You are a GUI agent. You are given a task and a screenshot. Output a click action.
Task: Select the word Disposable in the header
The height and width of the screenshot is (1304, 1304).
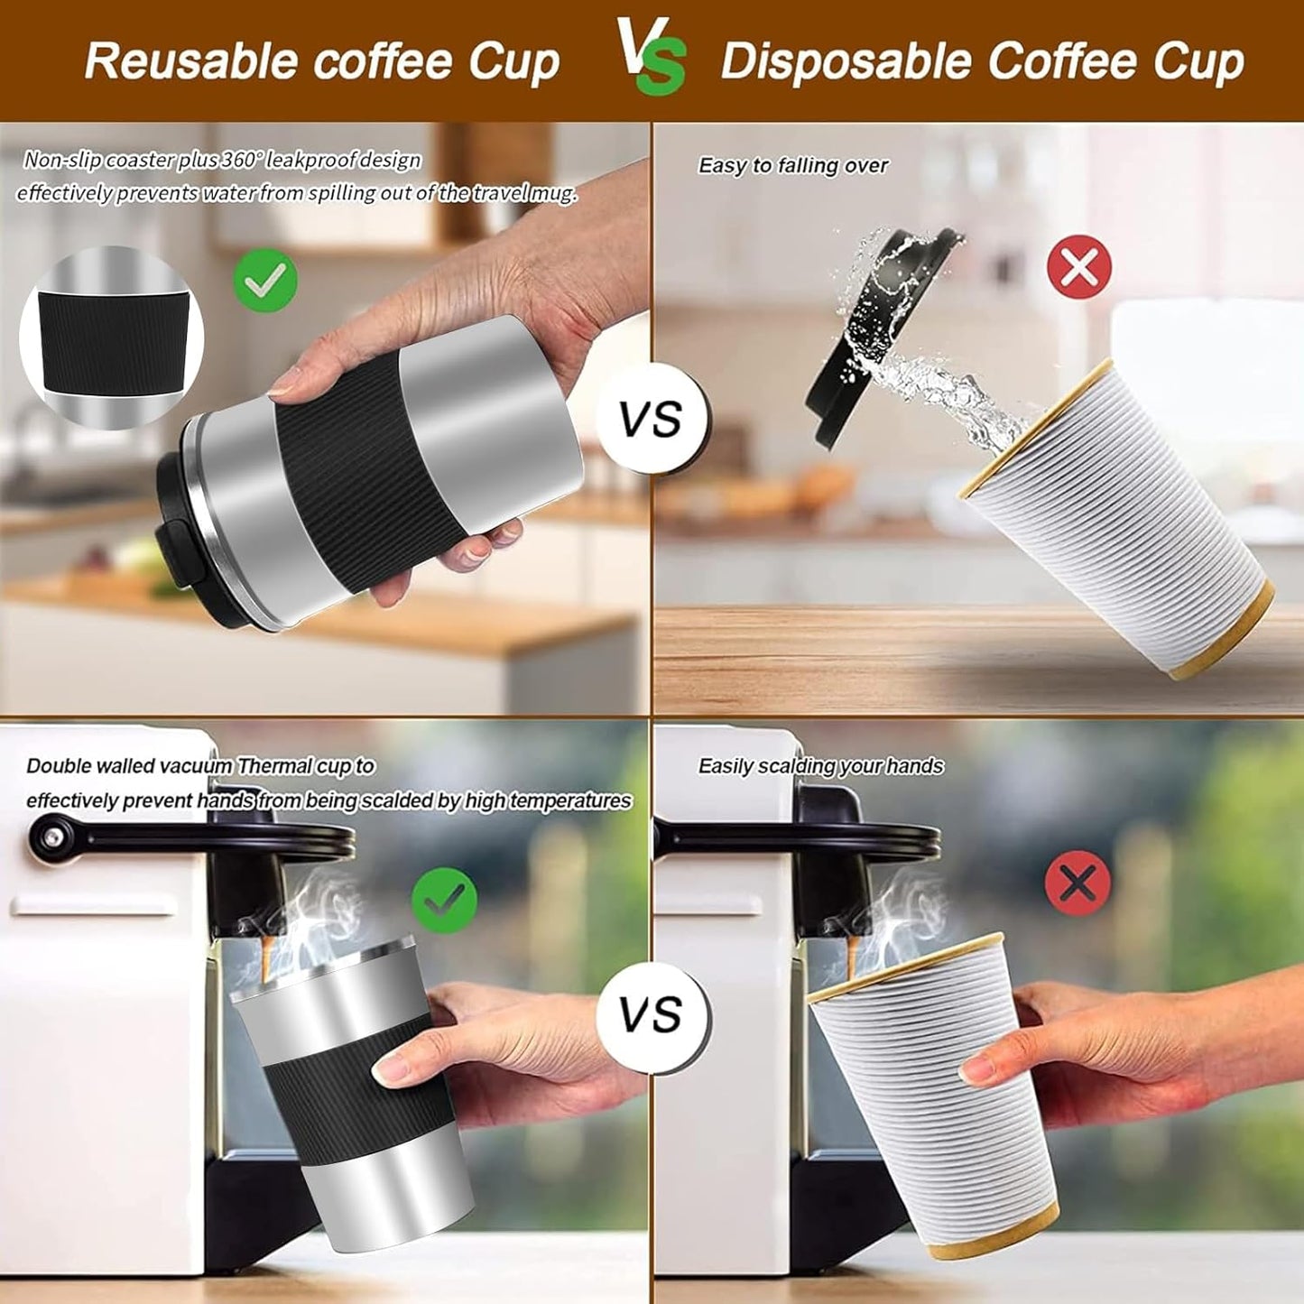[845, 61]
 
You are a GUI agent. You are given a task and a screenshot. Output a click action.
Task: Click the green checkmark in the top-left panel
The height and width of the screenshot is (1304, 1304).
[265, 281]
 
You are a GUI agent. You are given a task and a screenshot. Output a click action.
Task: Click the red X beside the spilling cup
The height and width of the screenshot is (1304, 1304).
[1078, 266]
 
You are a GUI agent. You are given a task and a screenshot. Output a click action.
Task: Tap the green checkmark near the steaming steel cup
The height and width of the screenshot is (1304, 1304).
[444, 900]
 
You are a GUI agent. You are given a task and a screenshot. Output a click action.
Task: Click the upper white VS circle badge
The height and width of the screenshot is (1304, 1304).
[652, 420]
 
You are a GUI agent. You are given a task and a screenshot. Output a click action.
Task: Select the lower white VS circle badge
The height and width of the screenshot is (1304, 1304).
[652, 1016]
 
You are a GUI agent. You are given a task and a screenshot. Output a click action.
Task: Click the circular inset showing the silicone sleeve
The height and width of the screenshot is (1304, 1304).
[111, 338]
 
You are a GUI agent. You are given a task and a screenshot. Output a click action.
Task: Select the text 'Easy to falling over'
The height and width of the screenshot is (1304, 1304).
[792, 166]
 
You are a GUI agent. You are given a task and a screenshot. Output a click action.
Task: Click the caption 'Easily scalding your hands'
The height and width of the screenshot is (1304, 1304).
[820, 766]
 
